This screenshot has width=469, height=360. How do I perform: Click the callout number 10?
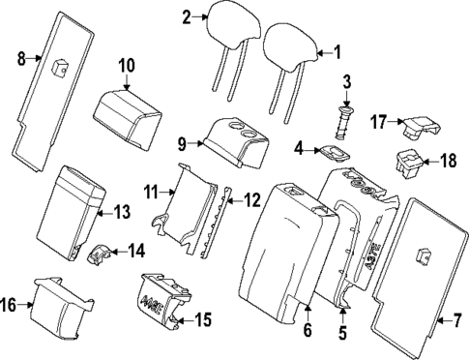tap(127, 66)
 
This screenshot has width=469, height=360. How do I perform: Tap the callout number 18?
tap(449, 161)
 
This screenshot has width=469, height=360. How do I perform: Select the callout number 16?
tap(8, 305)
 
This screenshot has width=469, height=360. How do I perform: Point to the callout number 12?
tap(251, 200)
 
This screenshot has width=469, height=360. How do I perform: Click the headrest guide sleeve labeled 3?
tap(343, 123)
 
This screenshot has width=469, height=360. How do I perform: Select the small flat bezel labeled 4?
tap(336, 153)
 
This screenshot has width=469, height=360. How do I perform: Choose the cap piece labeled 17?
tap(423, 127)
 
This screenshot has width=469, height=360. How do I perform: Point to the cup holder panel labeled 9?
tap(237, 143)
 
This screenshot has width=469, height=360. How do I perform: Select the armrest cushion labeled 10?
tap(128, 120)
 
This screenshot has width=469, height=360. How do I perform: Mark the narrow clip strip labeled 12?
tap(216, 222)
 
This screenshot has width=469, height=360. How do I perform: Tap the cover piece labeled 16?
tap(62, 308)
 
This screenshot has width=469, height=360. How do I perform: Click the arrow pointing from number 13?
tap(104, 213)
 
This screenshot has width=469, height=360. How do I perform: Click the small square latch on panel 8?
tap(60, 69)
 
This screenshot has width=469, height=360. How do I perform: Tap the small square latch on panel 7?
tap(424, 255)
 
